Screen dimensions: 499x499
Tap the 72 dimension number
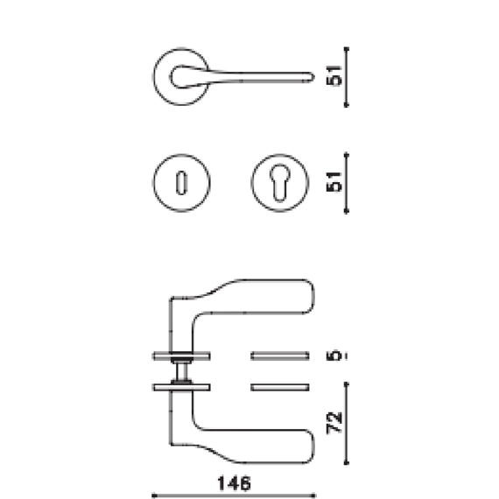click(332, 425)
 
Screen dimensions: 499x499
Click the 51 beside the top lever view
click(333, 77)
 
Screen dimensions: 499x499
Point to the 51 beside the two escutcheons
click(333, 182)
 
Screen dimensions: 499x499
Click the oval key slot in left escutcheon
click(181, 184)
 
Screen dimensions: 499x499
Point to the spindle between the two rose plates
click(181, 370)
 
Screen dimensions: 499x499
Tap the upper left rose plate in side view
click(181, 355)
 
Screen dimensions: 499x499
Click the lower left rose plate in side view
click(181, 386)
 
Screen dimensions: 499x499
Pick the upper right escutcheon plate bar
click(280, 355)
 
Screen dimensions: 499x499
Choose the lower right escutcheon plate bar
click(280, 386)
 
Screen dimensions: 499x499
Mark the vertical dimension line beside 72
click(348, 425)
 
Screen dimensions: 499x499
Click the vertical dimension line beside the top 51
click(348, 77)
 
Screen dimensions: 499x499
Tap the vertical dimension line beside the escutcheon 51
click(348, 182)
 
